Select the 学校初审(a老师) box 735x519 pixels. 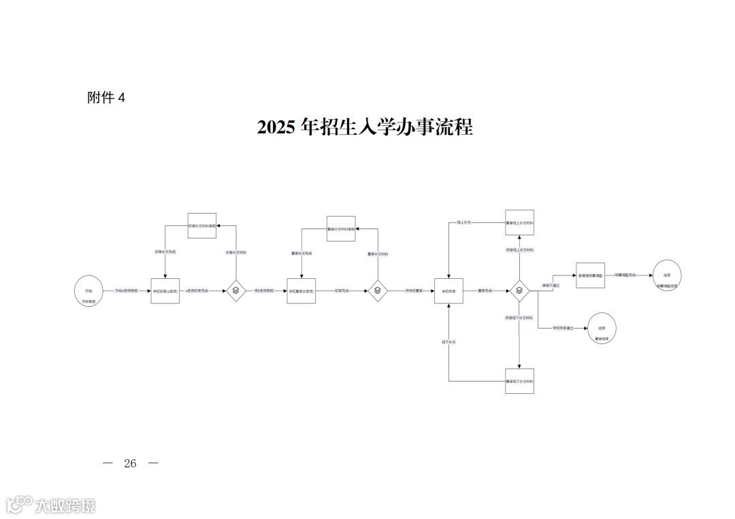[x=165, y=290]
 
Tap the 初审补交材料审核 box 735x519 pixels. [x=202, y=225]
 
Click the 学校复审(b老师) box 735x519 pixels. [x=301, y=290]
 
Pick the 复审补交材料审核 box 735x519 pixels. [x=342, y=229]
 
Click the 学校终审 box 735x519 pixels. [x=448, y=290]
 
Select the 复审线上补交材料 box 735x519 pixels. [x=519, y=222]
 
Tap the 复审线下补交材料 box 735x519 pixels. [x=519, y=381]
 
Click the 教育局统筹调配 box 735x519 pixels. [x=590, y=275]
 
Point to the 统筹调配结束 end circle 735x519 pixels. [x=667, y=275]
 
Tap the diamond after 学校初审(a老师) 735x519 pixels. [x=235, y=290]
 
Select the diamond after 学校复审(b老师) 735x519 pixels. [x=378, y=290]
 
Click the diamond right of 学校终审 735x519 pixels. [x=519, y=290]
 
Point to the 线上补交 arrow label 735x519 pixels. [x=465, y=222]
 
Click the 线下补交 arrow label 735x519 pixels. [x=448, y=341]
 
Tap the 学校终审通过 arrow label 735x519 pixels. [x=562, y=328]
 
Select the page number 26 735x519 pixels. [x=130, y=463]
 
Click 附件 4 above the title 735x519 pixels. [x=106, y=98]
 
